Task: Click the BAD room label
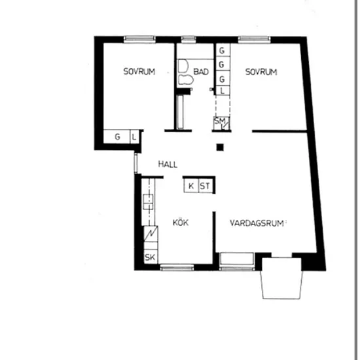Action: [201, 71]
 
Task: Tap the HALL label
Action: [168, 164]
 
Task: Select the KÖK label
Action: [181, 223]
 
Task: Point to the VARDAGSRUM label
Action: [257, 223]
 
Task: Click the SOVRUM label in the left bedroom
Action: [139, 71]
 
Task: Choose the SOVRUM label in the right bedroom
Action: [261, 72]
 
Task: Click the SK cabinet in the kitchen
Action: [151, 257]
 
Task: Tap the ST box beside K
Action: [206, 186]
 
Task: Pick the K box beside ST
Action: [191, 186]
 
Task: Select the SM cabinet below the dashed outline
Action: [221, 123]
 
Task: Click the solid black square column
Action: [220, 147]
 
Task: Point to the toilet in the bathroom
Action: [185, 80]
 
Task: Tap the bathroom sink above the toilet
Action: [183, 66]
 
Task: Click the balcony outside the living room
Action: [281, 278]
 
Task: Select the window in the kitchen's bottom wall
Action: [177, 267]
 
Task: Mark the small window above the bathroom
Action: [189, 39]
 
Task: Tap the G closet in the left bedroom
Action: [117, 137]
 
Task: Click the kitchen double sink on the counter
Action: [148, 202]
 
